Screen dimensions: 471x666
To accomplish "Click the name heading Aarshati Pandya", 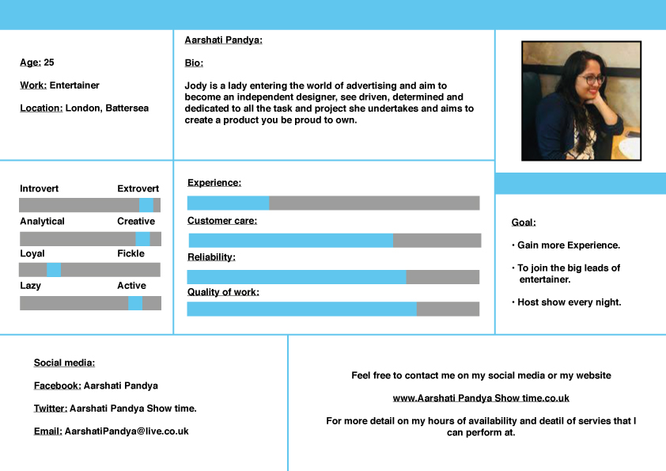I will click(x=223, y=40).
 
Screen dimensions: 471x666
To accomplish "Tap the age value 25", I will click(x=49, y=63).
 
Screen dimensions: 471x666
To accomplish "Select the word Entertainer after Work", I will click(x=74, y=85).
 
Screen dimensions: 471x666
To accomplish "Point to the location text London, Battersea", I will click(x=107, y=108).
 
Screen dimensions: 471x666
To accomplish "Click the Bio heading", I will click(x=194, y=63).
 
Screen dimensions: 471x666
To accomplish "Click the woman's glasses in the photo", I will click(x=590, y=80).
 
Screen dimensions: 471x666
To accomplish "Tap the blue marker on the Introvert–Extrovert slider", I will click(x=146, y=205).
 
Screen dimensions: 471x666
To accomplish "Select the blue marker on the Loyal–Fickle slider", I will click(x=54, y=270).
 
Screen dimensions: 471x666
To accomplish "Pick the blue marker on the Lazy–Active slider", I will click(x=135, y=303).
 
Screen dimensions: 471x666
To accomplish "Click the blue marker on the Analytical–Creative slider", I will click(x=142, y=238).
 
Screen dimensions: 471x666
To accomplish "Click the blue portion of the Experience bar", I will click(x=228, y=203).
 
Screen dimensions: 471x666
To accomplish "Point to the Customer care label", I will click(x=222, y=221).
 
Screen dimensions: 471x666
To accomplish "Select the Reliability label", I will click(x=211, y=257).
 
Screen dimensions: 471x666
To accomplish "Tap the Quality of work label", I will click(x=223, y=292).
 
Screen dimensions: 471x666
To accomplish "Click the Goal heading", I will click(x=524, y=222).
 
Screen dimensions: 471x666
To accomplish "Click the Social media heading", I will click(x=64, y=363).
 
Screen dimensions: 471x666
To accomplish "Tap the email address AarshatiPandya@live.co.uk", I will click(x=127, y=431).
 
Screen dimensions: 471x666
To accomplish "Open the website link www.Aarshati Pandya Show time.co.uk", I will click(x=481, y=398).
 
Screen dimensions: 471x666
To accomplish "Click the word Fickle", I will click(x=131, y=253).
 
